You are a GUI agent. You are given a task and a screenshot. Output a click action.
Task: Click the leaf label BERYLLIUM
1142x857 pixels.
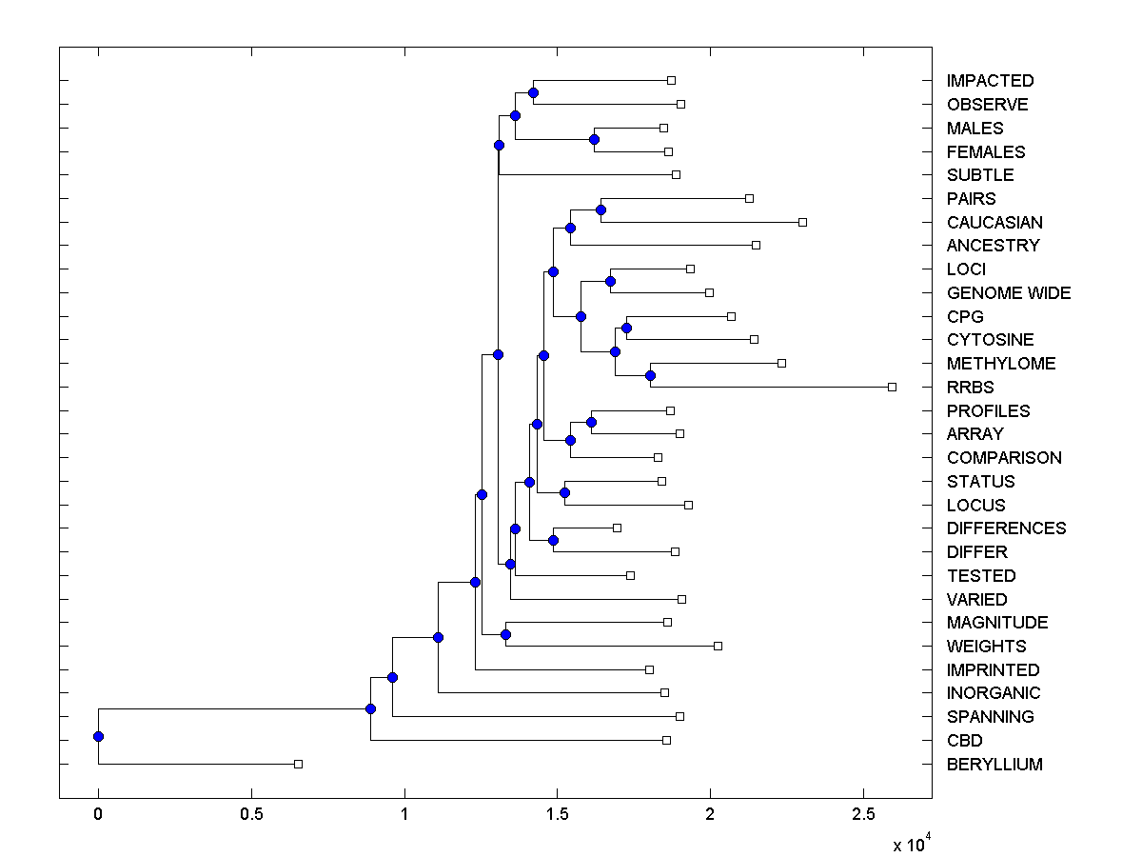(x=994, y=765)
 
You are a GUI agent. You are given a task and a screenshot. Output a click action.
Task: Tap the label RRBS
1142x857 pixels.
(x=970, y=388)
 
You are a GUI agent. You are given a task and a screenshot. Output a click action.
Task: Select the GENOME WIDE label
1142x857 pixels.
(x=1009, y=293)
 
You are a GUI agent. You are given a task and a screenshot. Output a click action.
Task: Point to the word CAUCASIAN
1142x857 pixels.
(x=994, y=223)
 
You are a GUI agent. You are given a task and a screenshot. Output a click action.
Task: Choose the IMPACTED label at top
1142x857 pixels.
(x=990, y=81)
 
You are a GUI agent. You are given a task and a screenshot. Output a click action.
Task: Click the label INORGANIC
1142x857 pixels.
(x=994, y=693)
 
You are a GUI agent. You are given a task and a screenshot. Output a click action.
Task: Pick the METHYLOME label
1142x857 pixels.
(x=1001, y=364)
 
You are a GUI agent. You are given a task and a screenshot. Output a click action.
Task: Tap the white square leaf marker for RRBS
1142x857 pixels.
(x=892, y=387)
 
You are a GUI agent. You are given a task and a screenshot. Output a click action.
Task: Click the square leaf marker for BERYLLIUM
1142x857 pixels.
(x=298, y=764)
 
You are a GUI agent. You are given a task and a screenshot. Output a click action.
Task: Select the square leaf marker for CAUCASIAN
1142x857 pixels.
(x=802, y=222)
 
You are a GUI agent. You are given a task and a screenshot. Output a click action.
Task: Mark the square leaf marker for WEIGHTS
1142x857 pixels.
(x=718, y=646)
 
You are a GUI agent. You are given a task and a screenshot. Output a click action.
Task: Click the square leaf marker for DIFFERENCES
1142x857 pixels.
(x=617, y=528)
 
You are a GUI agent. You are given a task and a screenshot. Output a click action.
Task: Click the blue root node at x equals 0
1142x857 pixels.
(x=98, y=736)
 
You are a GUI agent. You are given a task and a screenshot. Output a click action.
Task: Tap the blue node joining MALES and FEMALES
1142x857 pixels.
(x=594, y=139)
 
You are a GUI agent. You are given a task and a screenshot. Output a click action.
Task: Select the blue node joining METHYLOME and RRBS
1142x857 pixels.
(x=650, y=375)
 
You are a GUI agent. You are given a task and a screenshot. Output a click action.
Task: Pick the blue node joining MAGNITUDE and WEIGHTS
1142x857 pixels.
(x=505, y=634)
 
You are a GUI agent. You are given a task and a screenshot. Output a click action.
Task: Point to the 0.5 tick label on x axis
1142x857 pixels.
(x=251, y=814)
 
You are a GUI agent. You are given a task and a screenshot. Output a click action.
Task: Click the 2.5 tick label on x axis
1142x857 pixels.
(x=863, y=814)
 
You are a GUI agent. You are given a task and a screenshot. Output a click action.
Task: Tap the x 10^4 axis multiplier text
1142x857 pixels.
(x=909, y=843)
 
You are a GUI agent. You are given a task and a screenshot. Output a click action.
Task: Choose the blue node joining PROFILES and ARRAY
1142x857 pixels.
(x=591, y=422)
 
